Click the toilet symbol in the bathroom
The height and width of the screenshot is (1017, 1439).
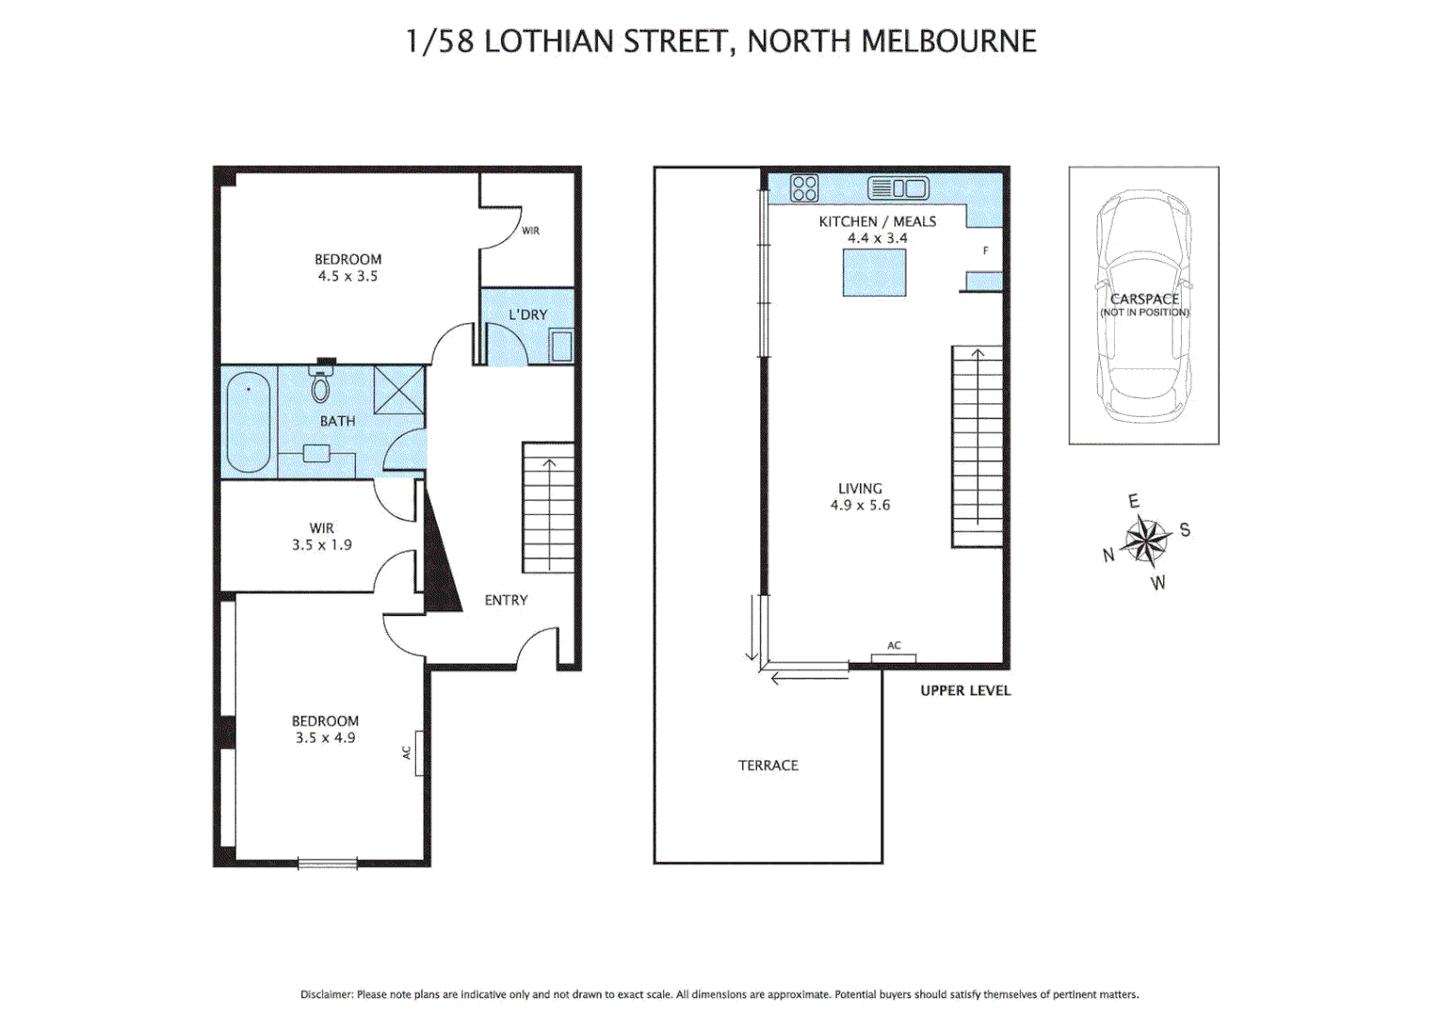pos(320,385)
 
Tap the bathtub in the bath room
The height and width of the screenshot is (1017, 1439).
pos(248,423)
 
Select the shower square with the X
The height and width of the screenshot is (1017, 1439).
pos(399,390)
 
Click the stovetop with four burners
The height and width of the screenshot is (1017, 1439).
pos(804,188)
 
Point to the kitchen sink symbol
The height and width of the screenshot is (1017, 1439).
pos(897,188)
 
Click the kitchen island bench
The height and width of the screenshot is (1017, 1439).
pos(874,273)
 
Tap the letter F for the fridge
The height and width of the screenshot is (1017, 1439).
pos(986,250)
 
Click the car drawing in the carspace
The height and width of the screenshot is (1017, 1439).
pos(1143,306)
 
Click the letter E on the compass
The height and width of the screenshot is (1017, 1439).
pos(1134,501)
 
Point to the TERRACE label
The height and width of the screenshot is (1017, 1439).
pos(768,766)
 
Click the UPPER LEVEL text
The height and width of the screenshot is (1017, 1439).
pos(965,690)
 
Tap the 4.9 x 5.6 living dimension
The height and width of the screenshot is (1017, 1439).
pos(860,506)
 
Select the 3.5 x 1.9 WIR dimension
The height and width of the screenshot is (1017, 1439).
pos(321,545)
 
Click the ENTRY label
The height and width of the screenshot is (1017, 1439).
pos(506,600)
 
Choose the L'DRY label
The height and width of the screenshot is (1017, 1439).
pos(527,315)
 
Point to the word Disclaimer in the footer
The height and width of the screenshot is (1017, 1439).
pos(326,994)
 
